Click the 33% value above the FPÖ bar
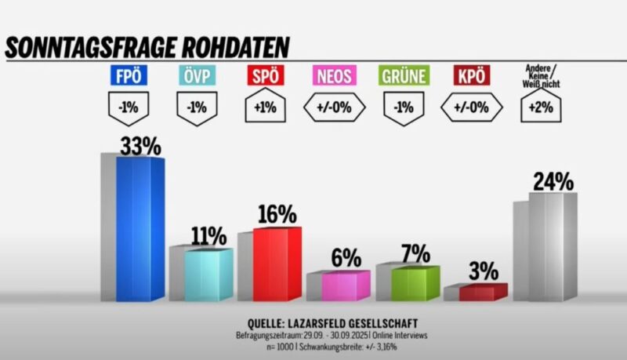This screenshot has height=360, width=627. click(140, 146)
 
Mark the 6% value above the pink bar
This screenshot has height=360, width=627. click(345, 258)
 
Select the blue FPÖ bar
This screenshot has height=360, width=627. click(140, 227)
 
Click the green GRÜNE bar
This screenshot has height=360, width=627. click(415, 282)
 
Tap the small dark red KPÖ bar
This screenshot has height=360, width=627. click(483, 292)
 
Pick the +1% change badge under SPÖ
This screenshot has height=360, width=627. click(263, 107)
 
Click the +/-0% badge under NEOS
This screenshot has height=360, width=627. click(334, 107)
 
